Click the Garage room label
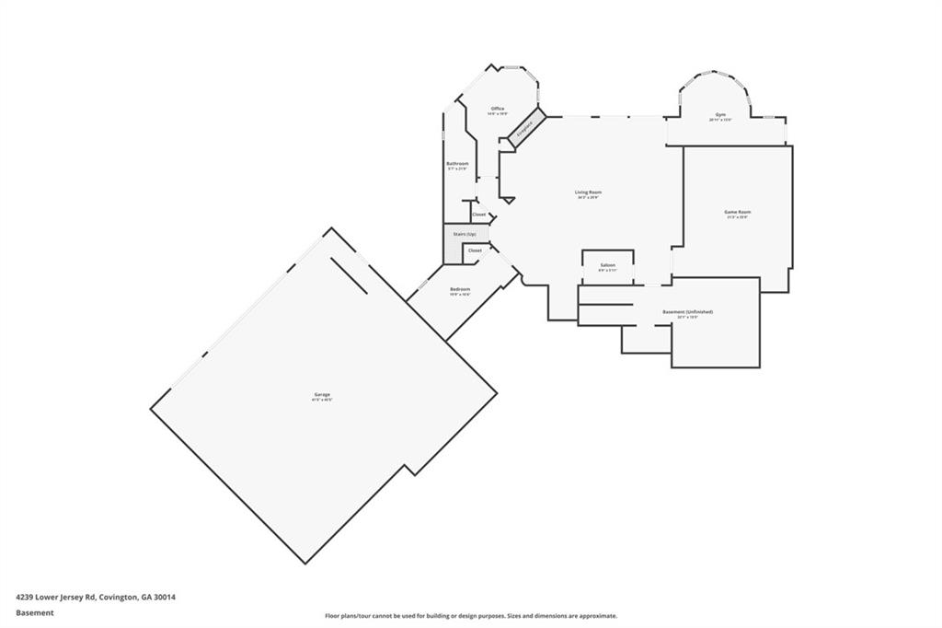(x=321, y=394)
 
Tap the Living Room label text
(x=589, y=192)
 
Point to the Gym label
(x=720, y=114)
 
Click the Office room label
(x=498, y=109)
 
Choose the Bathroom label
(x=457, y=163)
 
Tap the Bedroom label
(x=460, y=289)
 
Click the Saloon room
(x=607, y=265)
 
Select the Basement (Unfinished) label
(x=687, y=311)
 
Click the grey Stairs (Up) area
(x=465, y=234)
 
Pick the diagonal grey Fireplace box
(x=524, y=129)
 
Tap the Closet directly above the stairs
(x=478, y=215)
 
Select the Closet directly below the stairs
(x=475, y=250)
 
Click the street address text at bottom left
(x=96, y=597)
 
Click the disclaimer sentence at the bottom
(x=470, y=616)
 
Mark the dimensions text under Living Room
(x=589, y=197)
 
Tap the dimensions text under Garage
(x=321, y=400)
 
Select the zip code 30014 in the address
(x=164, y=597)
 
